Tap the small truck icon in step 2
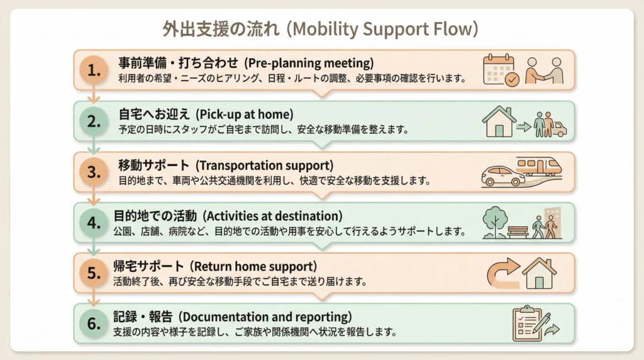559,128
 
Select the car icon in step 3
503,176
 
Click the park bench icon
518,232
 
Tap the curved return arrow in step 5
502,273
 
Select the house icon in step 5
539,273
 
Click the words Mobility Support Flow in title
384,29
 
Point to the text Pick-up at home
243,115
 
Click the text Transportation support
264,166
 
